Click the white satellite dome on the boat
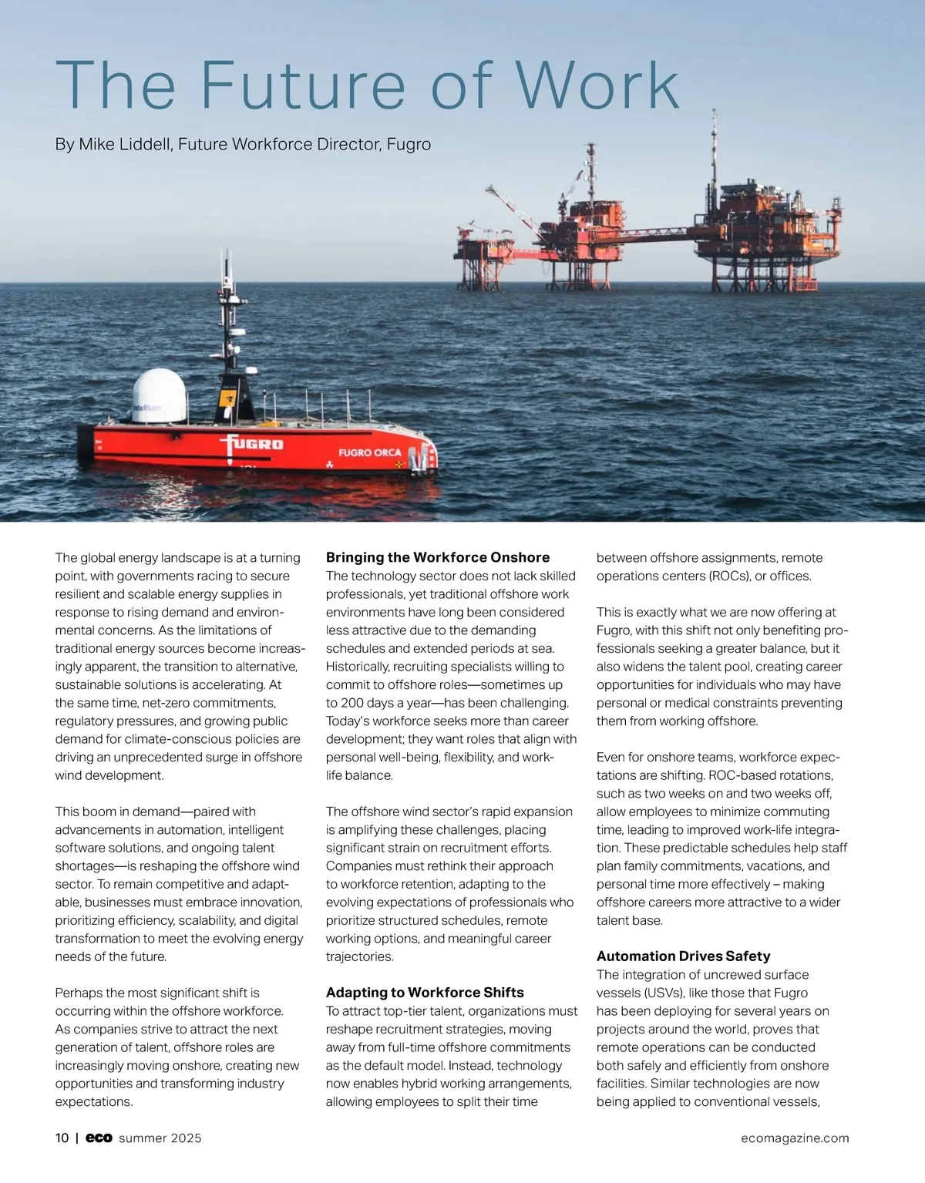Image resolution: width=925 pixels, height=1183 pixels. pos(160,395)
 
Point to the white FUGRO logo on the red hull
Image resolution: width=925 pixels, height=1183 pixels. pos(252,445)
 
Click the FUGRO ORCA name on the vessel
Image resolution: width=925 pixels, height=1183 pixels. pos(369,452)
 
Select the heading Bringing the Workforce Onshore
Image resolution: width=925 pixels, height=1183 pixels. pos(438,557)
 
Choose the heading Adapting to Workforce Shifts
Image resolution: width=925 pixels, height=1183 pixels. pos(425,993)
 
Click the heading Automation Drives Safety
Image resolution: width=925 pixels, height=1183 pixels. pos(683,956)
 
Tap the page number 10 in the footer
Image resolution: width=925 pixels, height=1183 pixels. pos(62,1138)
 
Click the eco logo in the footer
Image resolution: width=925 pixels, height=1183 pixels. pos(99,1138)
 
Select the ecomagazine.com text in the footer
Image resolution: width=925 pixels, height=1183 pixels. pos(795,1138)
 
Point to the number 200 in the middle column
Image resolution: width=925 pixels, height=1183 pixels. pos(351,703)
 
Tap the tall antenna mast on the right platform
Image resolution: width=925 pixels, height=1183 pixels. pos(715,146)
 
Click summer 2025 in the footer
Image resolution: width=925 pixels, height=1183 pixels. pos(160,1138)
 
